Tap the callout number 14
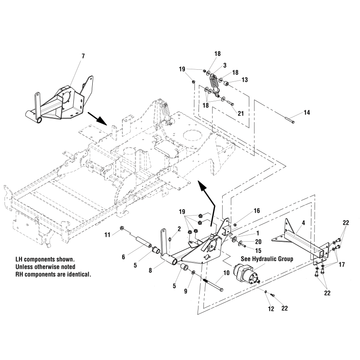306,113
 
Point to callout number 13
245,80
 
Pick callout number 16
257,211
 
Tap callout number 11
107,234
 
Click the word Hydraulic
266,259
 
